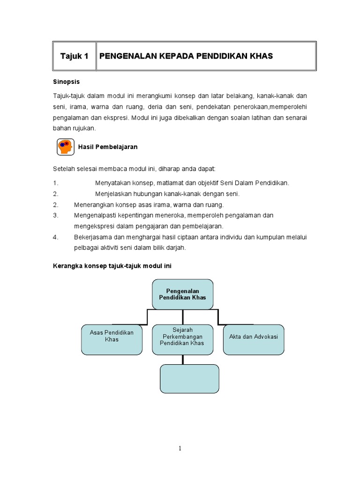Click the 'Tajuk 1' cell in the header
click(74, 56)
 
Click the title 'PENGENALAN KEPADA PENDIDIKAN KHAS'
click(186, 56)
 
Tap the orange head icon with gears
click(66, 147)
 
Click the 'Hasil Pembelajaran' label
click(108, 147)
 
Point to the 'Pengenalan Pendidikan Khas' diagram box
click(182, 294)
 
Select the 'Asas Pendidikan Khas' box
click(112, 339)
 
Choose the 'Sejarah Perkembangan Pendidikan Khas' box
click(182, 339)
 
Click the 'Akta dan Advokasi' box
click(253, 339)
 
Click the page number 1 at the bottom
click(180, 449)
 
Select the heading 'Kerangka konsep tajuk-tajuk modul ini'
click(112, 266)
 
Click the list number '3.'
click(55, 215)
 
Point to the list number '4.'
click(55, 237)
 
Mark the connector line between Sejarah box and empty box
click(182, 359)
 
